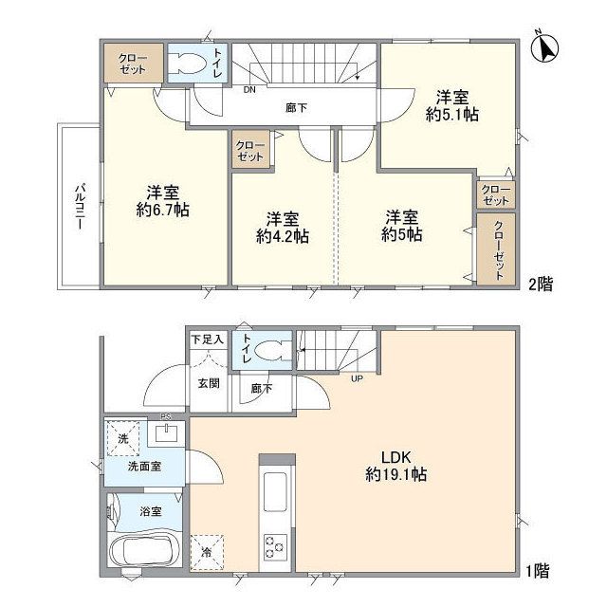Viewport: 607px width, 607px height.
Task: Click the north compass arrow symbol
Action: pos(545,47)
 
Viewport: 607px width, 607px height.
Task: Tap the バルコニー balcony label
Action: pos(80,207)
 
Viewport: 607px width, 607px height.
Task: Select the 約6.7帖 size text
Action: pos(162,211)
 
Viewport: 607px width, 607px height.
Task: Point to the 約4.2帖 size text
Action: pos(283,236)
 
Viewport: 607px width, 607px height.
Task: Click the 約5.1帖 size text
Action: pos(452,115)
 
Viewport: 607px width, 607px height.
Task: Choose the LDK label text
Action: pos(396,457)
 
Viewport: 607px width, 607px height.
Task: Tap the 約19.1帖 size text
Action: pos(396,474)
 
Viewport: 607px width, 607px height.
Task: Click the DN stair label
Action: pos(249,90)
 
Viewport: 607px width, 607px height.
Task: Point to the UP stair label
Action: pos(357,378)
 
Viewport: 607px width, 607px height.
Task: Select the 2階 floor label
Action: pos(541,285)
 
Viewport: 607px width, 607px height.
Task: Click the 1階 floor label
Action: pos(538,571)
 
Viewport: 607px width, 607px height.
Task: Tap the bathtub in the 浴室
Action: pos(144,550)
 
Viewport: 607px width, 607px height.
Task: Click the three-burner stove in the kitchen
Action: pos(275,547)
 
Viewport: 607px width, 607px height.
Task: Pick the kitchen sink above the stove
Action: pos(275,492)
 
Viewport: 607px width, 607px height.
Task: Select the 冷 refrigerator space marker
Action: pos(207,552)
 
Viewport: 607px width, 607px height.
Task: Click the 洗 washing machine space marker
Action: pos(122,438)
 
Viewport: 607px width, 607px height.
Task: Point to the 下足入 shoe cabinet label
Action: pos(208,340)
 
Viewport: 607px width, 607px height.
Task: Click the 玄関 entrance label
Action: pos(209,383)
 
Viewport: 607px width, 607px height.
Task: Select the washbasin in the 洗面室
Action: pos(167,432)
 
